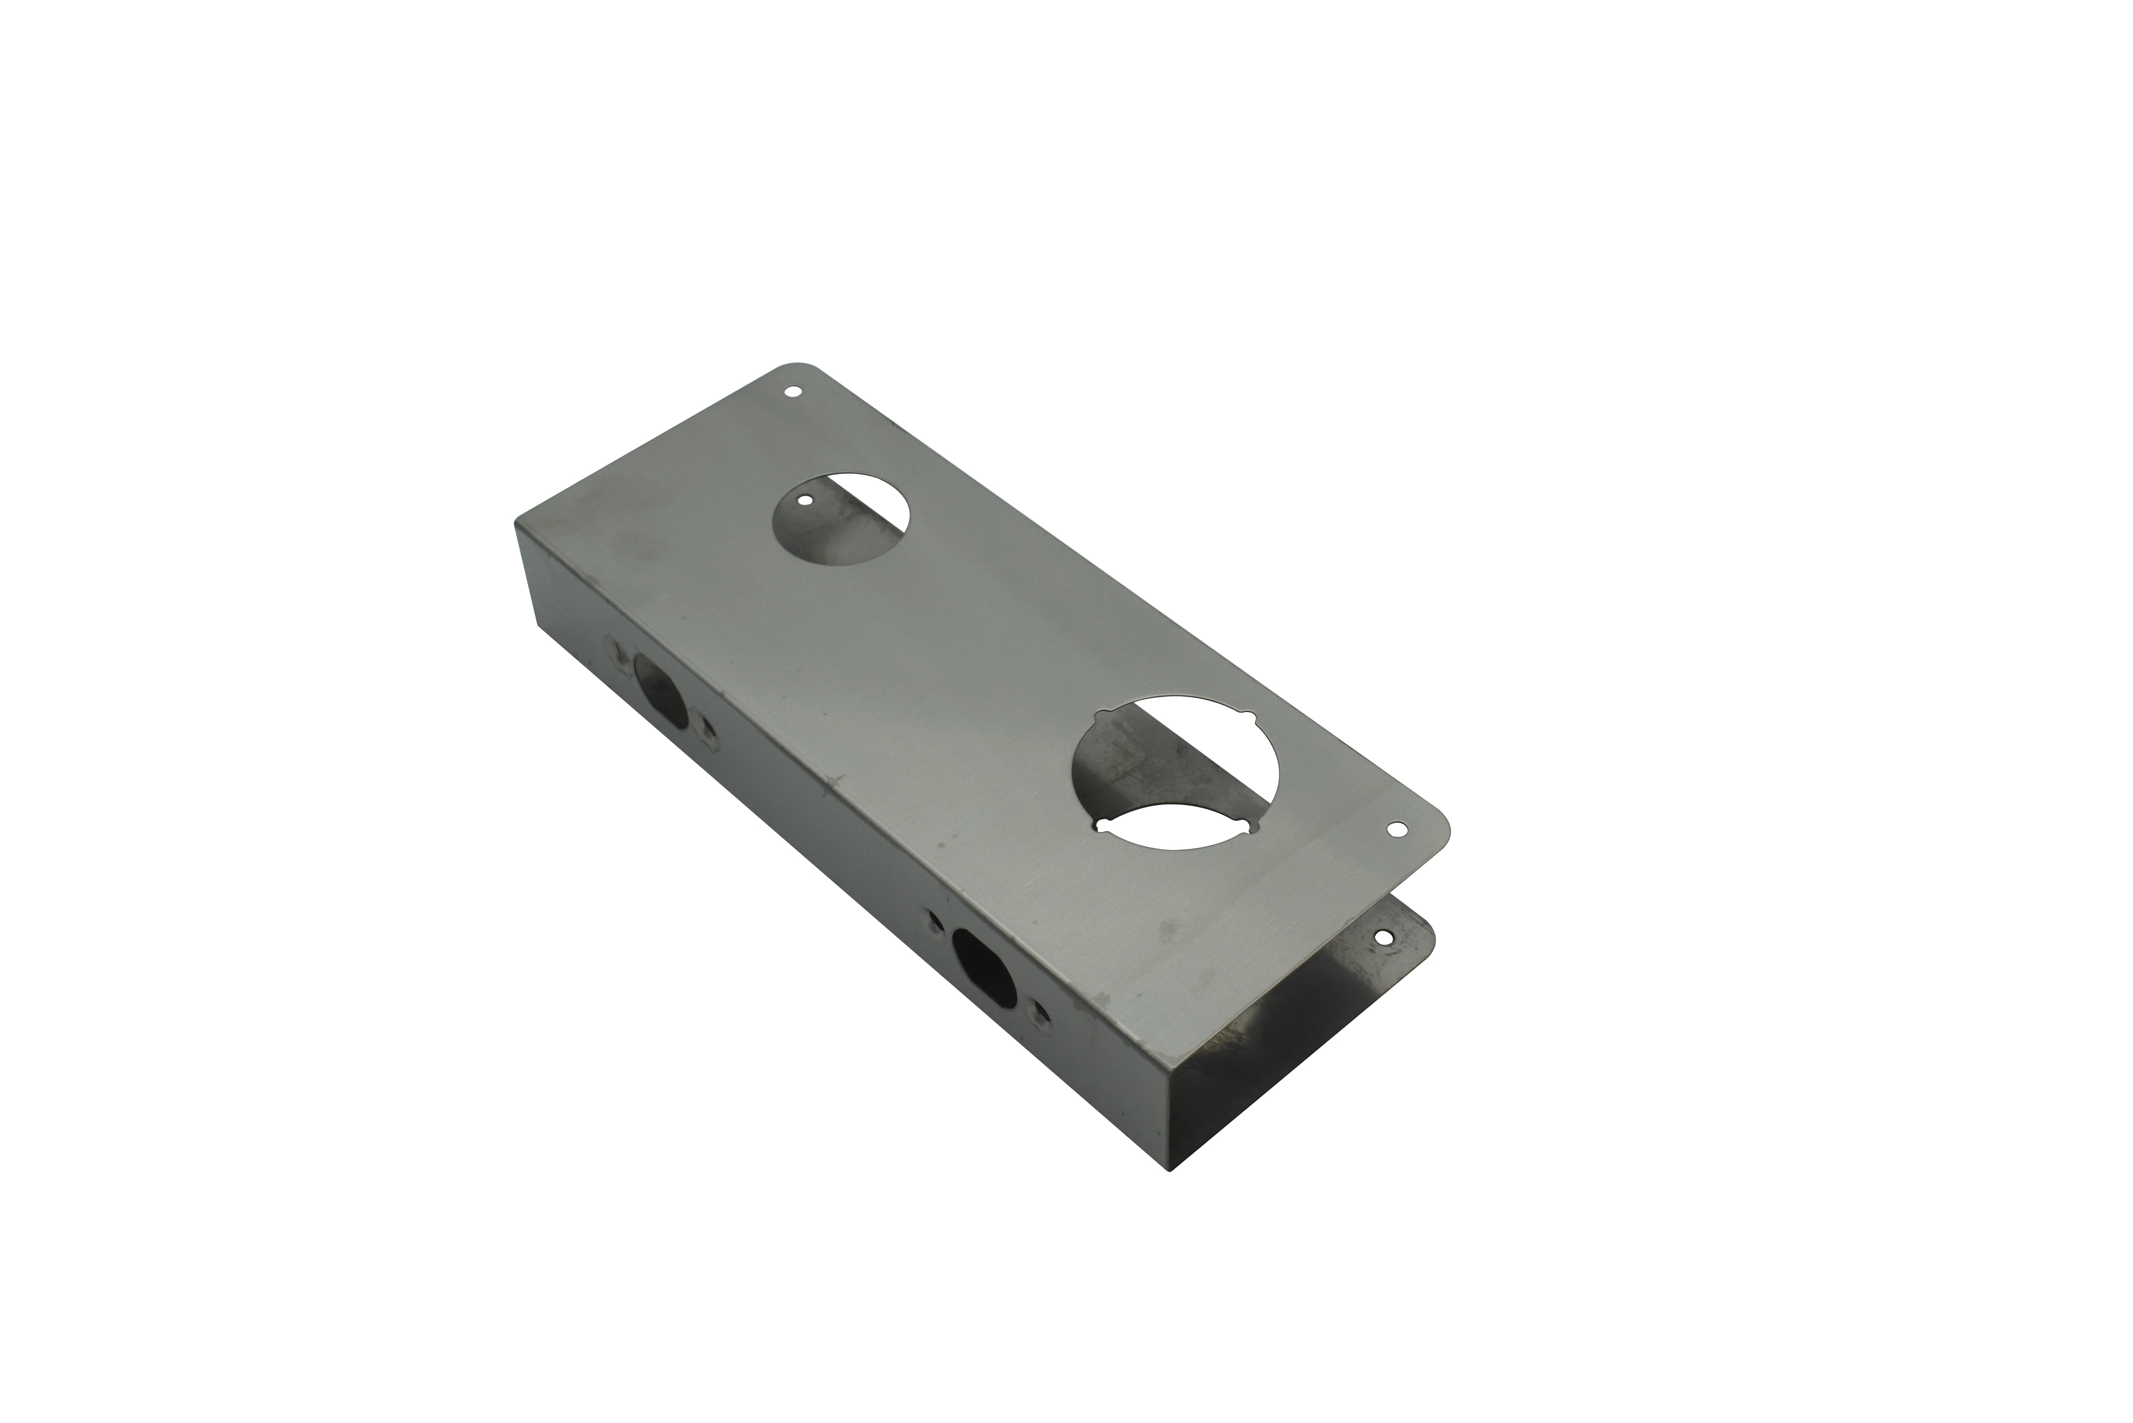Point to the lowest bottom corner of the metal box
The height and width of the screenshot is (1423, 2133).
coord(1171,1171)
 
